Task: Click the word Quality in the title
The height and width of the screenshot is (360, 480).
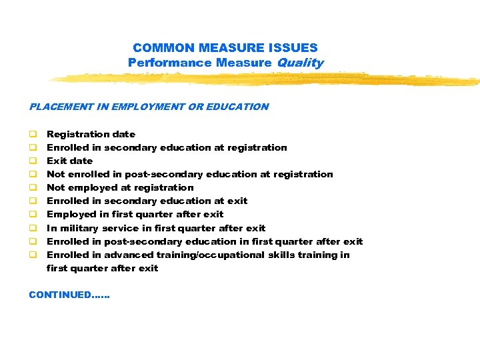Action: coord(300,63)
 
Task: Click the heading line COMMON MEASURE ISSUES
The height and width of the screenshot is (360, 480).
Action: coord(225,48)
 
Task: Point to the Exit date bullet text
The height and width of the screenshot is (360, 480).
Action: coord(69,161)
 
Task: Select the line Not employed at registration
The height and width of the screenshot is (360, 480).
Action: coord(120,188)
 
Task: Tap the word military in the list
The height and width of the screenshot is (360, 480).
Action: coord(81,228)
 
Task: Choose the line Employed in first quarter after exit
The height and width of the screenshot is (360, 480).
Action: coord(135,215)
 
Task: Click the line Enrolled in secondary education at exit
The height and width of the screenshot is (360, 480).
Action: coord(147,201)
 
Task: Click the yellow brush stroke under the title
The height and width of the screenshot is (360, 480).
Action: coord(267,79)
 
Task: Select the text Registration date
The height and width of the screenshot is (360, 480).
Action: coord(91,135)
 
